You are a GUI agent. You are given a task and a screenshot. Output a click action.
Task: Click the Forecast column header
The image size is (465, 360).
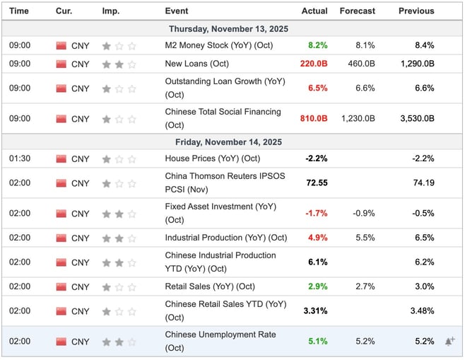(x=357, y=11)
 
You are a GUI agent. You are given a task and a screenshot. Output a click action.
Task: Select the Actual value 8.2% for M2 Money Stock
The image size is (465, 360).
(x=317, y=45)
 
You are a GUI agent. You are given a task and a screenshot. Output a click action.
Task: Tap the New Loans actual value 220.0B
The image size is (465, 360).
(x=312, y=64)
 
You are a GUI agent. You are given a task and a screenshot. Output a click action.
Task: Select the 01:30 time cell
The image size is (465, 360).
(x=19, y=159)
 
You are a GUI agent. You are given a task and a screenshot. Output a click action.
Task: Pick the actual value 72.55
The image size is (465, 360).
(x=316, y=183)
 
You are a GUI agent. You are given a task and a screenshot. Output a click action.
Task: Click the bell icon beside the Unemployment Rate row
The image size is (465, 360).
(x=449, y=342)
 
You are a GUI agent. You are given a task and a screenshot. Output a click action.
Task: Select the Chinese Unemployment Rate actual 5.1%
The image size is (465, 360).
(x=317, y=342)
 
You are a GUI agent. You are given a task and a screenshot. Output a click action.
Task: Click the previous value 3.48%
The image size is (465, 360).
(x=420, y=311)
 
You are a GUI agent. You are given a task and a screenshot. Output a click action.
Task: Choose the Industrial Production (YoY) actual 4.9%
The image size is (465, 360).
(x=317, y=238)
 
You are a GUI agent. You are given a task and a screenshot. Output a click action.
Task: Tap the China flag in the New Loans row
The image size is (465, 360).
(x=61, y=64)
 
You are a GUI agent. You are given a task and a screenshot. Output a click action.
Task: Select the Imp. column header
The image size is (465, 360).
(x=110, y=11)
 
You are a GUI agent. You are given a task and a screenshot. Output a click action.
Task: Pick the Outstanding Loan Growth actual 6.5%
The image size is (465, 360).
(x=317, y=88)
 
